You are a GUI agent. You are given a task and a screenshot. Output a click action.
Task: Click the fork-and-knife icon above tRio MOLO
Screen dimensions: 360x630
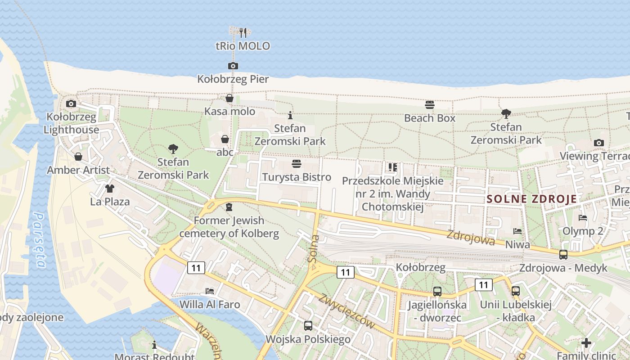[x=243, y=32]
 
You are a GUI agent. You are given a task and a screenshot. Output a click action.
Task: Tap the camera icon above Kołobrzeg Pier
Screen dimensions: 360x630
[x=233, y=66]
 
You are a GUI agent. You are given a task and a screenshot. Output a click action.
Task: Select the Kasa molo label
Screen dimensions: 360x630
[x=229, y=111]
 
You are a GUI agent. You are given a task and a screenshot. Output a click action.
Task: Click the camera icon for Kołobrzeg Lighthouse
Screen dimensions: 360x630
[x=71, y=104]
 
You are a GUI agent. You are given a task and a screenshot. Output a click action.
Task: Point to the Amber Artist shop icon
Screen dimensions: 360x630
[x=78, y=157]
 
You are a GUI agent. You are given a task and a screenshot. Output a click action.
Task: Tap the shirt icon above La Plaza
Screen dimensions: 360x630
[x=110, y=188]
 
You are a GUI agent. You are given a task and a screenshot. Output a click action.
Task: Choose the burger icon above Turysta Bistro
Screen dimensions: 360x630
[x=296, y=163]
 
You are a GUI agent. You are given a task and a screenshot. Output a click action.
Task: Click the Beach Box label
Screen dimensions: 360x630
[x=430, y=118]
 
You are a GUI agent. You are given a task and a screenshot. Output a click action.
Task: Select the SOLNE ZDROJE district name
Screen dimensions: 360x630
[x=531, y=199]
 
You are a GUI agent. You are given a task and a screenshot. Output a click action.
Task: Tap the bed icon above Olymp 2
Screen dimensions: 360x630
[x=583, y=218]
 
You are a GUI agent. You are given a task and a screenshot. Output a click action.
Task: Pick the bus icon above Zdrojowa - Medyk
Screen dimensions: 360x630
[x=563, y=255]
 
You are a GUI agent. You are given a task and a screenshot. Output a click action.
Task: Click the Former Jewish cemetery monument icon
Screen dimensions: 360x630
[x=229, y=207]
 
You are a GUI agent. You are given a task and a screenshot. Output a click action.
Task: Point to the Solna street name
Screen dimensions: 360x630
[x=314, y=249]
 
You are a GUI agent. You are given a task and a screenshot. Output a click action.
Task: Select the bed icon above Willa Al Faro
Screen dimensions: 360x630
[x=209, y=291]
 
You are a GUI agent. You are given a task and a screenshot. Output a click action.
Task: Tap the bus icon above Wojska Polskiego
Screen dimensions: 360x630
[x=308, y=325]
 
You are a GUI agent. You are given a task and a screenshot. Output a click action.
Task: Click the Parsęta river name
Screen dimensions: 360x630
[x=39, y=240]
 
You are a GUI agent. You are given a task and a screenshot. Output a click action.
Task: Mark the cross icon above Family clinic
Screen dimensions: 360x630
[x=586, y=343]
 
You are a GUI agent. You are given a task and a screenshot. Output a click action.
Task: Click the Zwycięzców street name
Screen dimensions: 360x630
[x=346, y=311]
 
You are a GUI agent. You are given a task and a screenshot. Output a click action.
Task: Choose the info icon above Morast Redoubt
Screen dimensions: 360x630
[x=154, y=345]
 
